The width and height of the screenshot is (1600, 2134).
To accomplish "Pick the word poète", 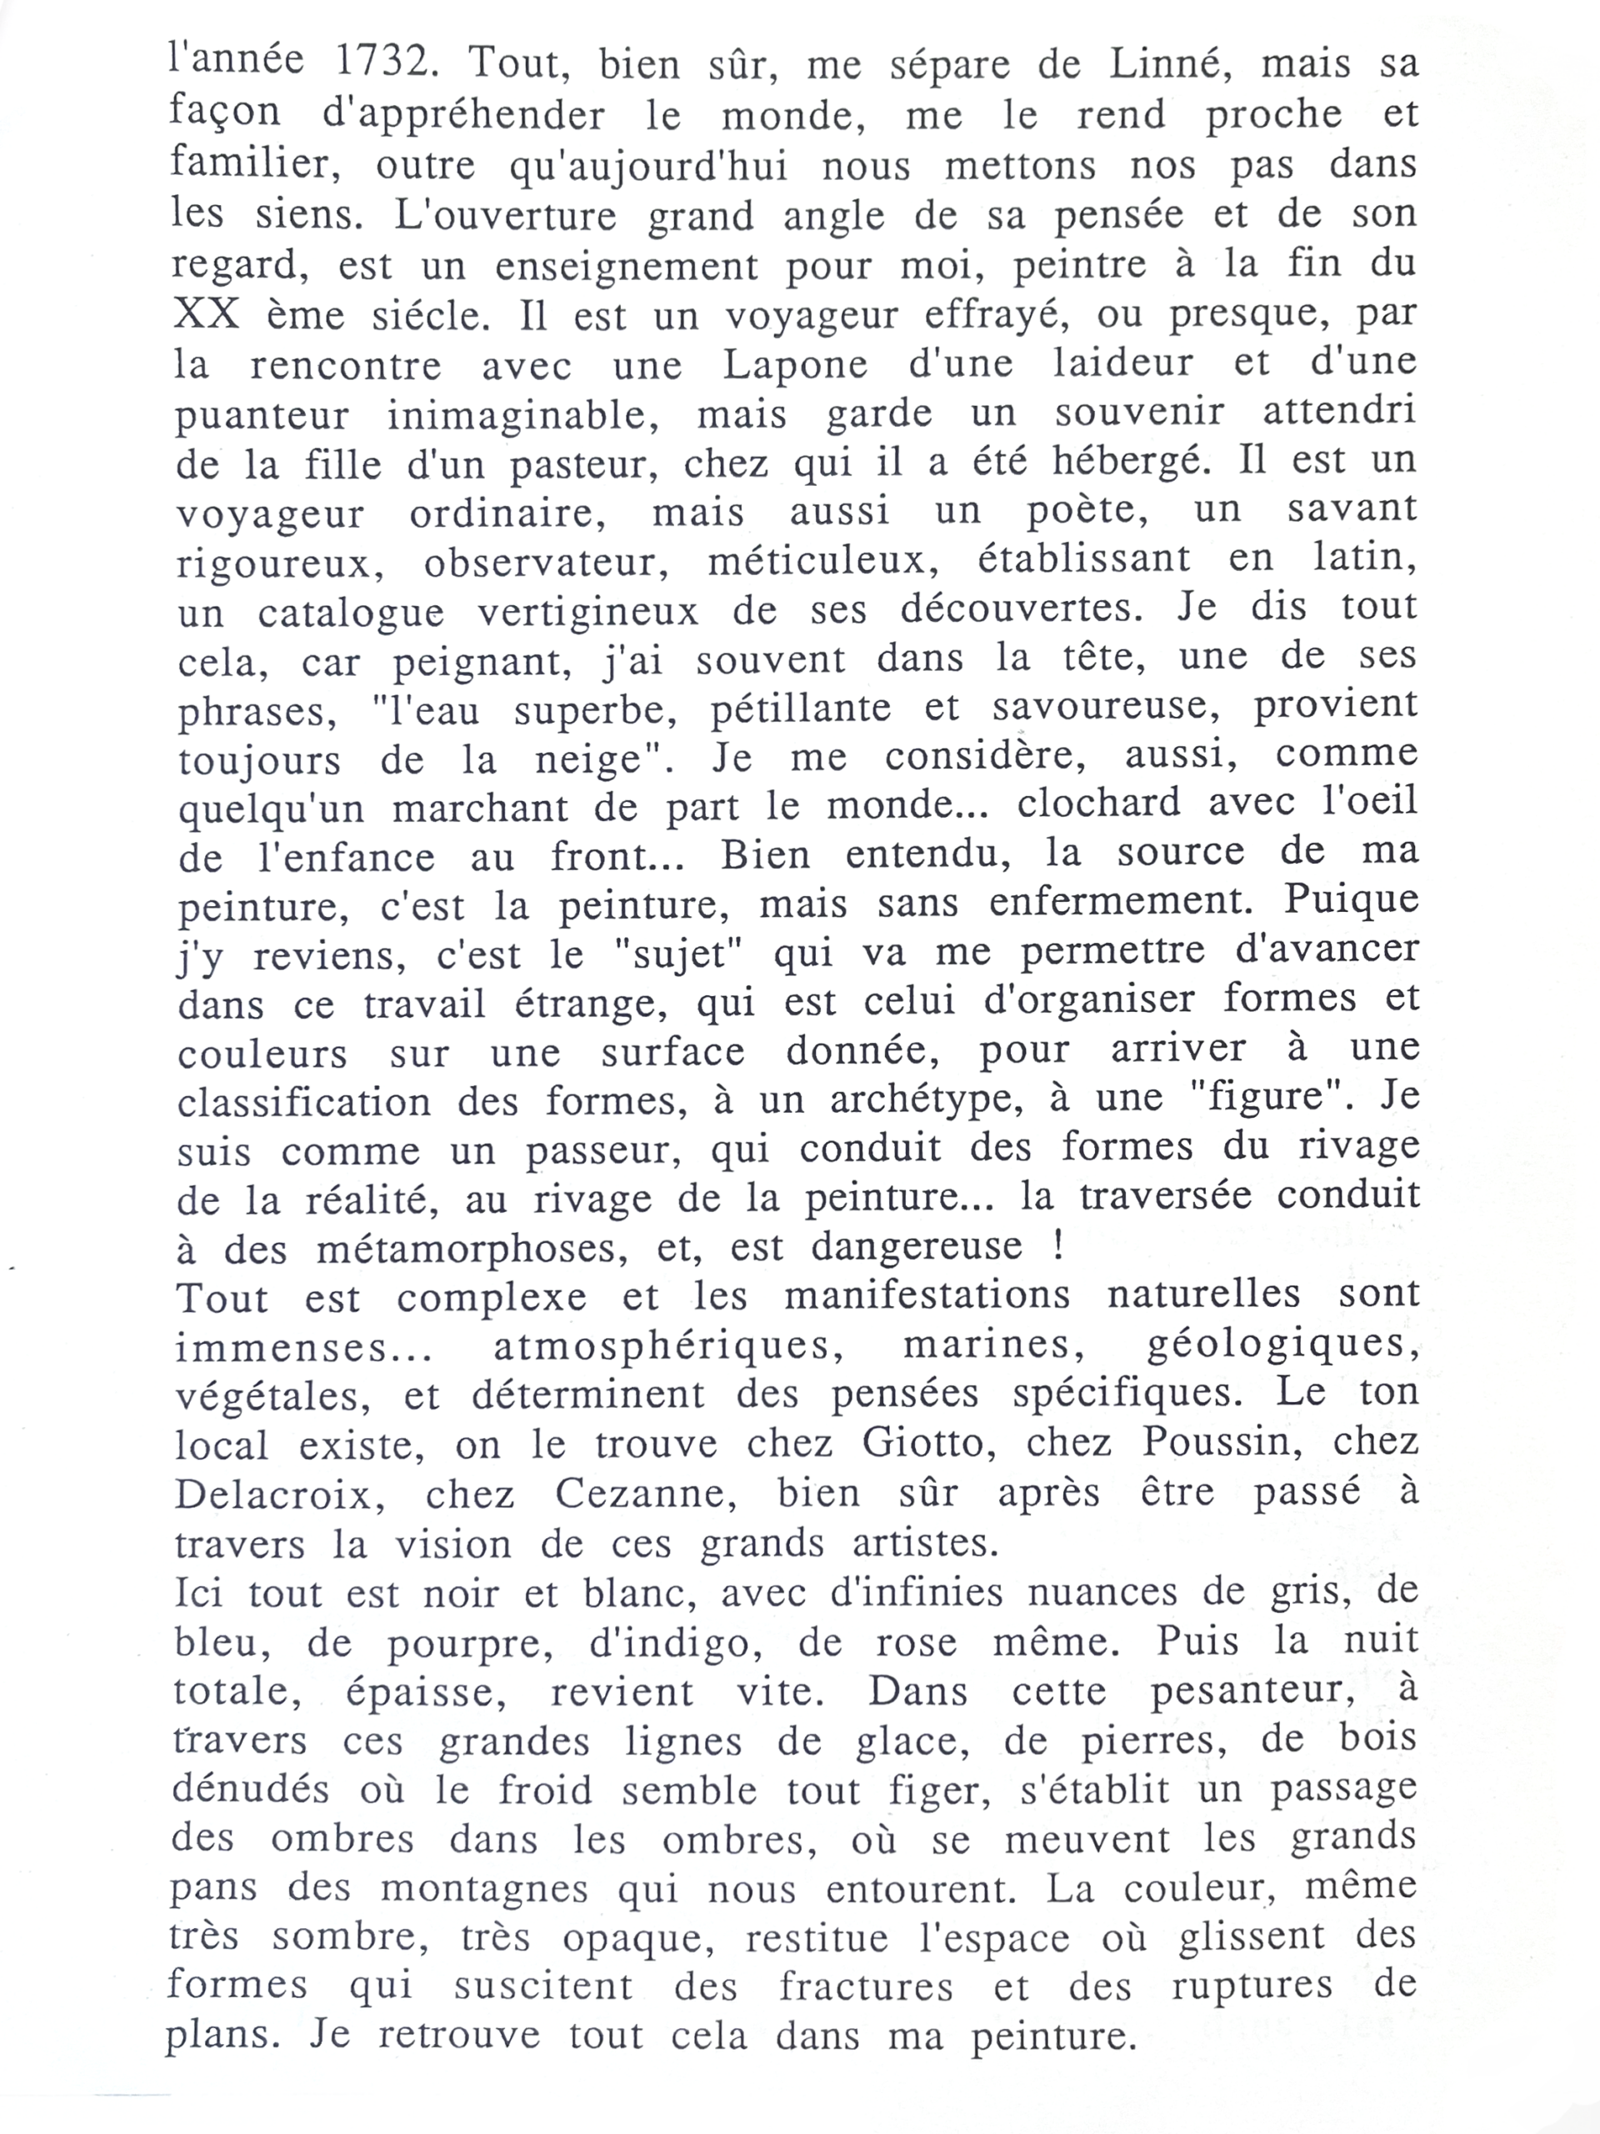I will pos(1087,509).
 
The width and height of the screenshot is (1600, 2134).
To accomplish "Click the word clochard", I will pos(1098,804).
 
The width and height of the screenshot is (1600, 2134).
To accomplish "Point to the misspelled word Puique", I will pos(1351,900).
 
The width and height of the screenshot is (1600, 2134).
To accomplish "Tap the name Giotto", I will pos(932,1443).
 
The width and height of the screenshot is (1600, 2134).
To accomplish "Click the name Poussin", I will pos(1218,1443).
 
